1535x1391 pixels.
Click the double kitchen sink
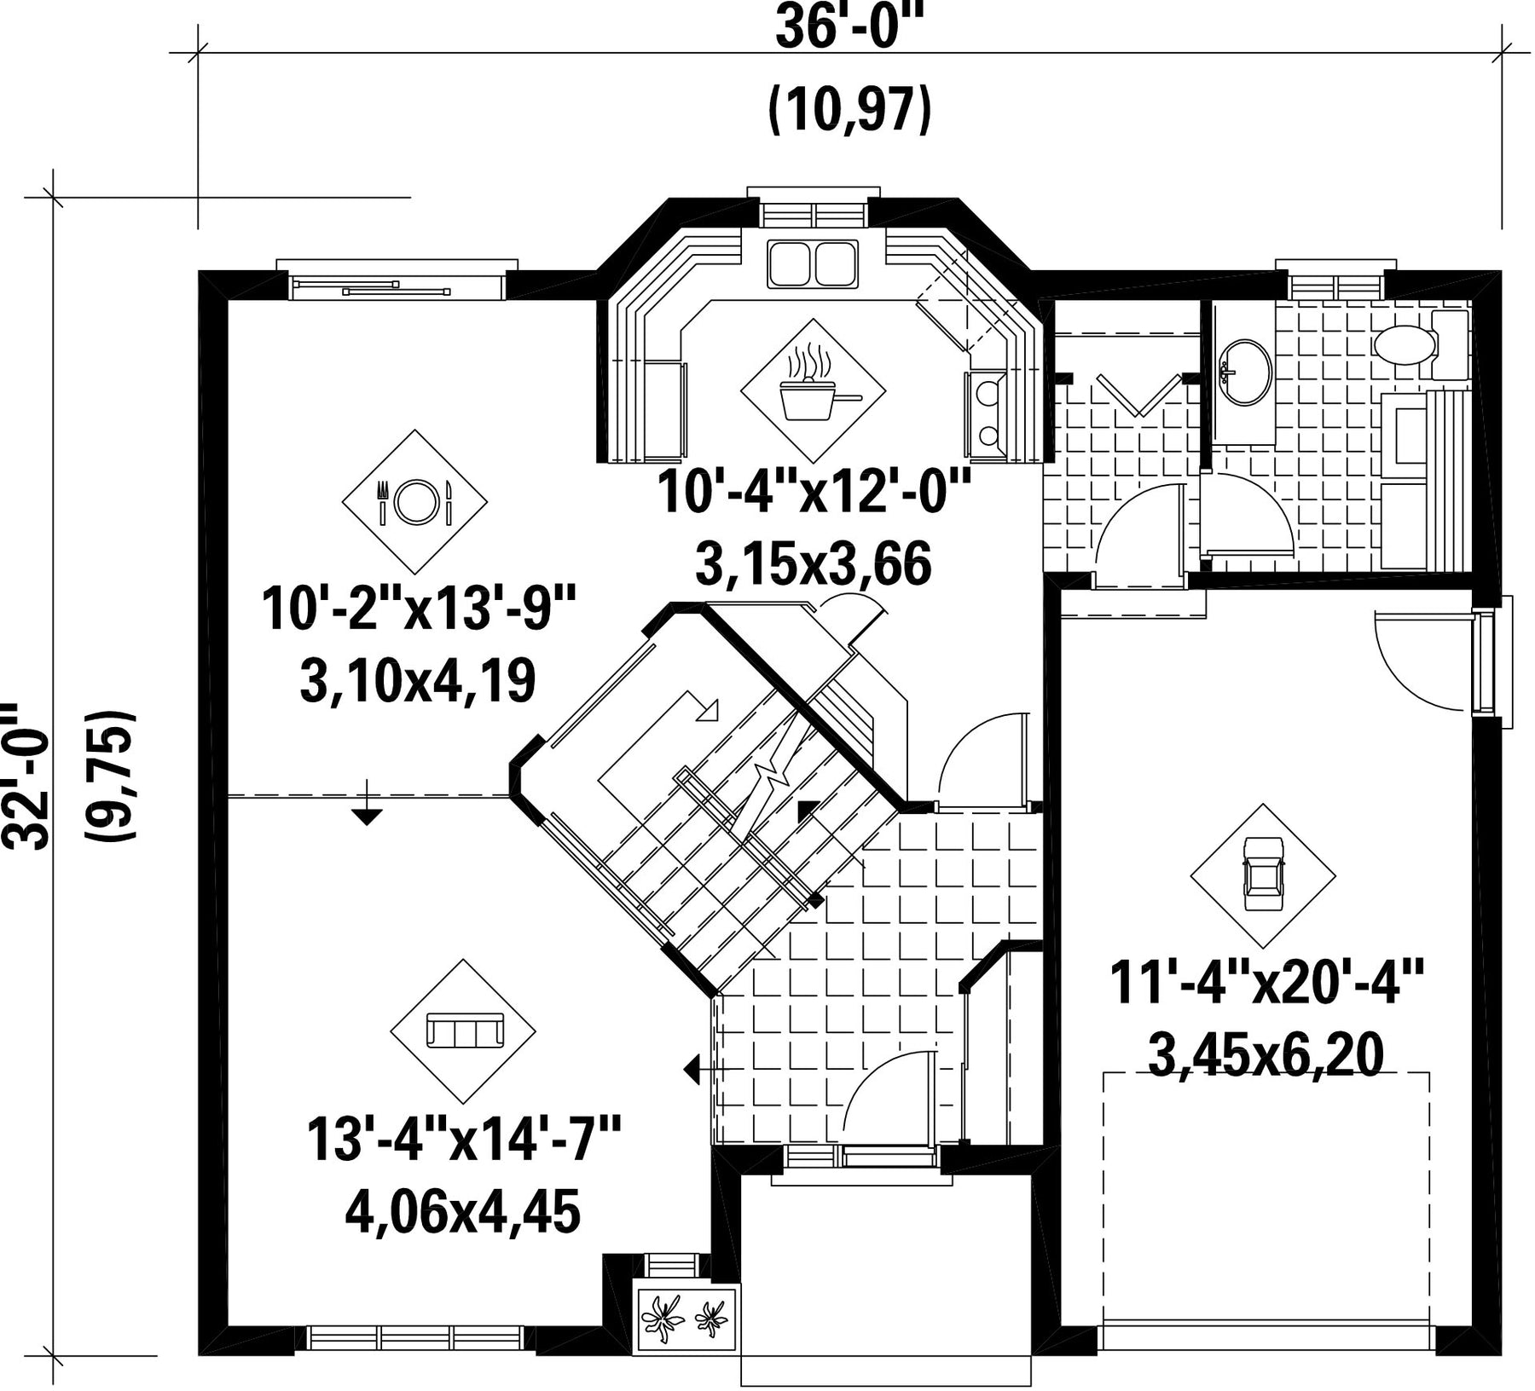(813, 263)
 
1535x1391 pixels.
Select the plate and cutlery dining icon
(414, 501)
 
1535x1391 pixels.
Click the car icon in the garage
(1263, 874)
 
